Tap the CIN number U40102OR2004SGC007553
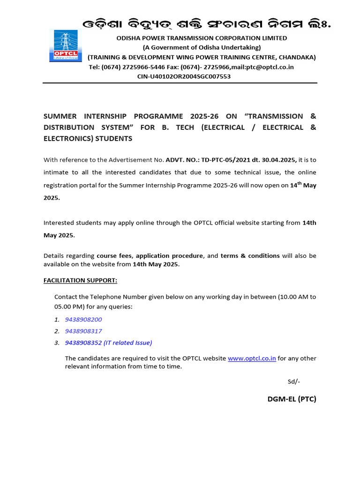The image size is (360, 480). pos(195,76)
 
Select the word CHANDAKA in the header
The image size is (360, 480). pos(298,57)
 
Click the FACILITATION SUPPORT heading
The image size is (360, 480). pos(81,280)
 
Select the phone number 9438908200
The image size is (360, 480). pos(83,319)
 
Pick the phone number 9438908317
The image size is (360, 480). pos(83,331)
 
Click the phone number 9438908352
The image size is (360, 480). pos(83,343)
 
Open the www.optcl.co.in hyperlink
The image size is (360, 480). pos(252,358)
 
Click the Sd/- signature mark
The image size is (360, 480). pos(294,382)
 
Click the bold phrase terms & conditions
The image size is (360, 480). pos(250,255)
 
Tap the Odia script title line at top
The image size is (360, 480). pos(207,24)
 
